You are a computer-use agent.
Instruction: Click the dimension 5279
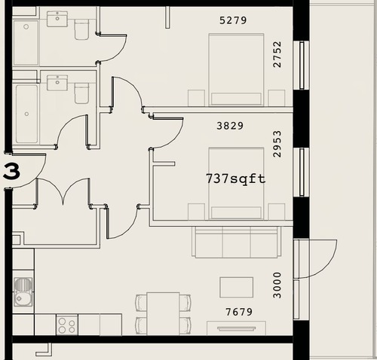(233, 20)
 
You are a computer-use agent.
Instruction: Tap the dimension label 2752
(277, 54)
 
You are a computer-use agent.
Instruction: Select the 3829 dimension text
(230, 126)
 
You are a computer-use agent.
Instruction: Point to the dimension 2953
(277, 144)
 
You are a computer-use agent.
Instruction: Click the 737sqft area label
(236, 178)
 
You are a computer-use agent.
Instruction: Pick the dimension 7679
(239, 312)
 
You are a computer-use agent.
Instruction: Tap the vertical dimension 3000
(277, 285)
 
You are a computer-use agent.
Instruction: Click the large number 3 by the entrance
(11, 171)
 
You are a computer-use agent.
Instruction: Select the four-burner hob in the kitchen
(67, 325)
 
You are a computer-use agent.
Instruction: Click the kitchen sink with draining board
(23, 291)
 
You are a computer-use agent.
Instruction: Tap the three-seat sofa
(237, 242)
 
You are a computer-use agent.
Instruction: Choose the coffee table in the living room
(236, 288)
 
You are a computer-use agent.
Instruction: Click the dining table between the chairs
(163, 313)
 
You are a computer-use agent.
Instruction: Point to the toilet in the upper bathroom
(81, 29)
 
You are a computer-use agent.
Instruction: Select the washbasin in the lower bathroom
(57, 83)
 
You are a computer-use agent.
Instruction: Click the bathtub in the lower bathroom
(27, 114)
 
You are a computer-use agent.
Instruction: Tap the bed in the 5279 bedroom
(236, 69)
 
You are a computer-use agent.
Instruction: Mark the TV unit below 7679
(236, 328)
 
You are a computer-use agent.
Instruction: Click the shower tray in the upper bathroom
(26, 42)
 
